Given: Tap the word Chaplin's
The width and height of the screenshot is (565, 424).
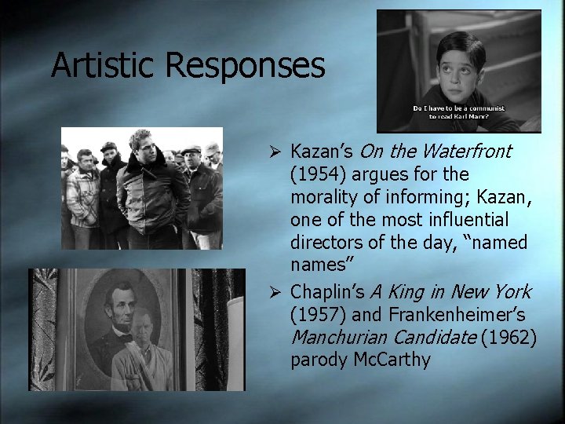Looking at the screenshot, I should click(x=328, y=292).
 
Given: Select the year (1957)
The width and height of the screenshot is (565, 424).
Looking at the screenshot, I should click(x=319, y=314).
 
